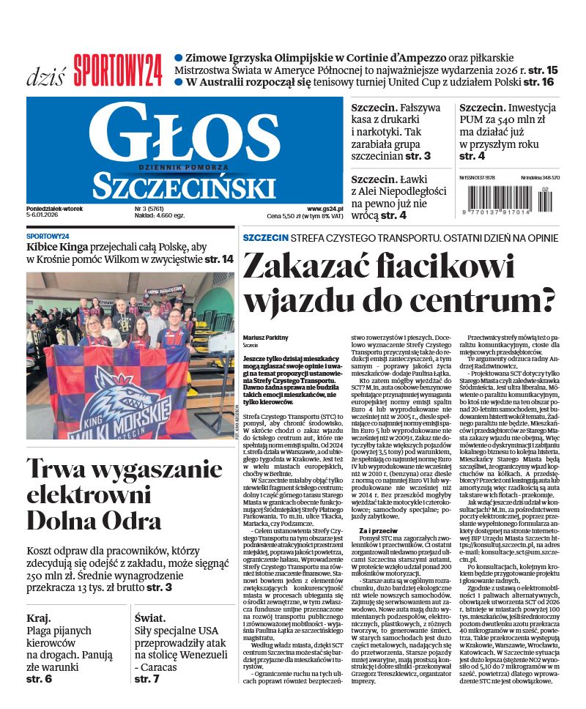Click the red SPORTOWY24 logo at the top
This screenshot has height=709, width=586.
tap(117, 71)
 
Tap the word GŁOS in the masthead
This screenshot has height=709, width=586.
tap(185, 132)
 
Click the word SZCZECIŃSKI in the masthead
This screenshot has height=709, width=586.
tap(185, 184)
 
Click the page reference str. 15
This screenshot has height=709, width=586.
tap(542, 70)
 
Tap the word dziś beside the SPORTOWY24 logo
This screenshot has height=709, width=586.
tap(45, 75)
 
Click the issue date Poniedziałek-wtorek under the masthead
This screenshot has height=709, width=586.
tap(54, 209)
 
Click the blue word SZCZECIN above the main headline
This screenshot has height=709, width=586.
tap(265, 238)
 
